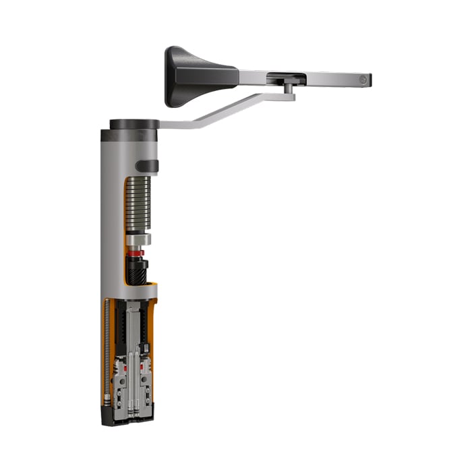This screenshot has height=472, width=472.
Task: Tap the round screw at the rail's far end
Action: click(x=362, y=80)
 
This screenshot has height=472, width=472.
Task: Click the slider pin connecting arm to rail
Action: click(x=288, y=87)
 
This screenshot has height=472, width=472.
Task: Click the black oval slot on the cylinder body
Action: click(x=147, y=166)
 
